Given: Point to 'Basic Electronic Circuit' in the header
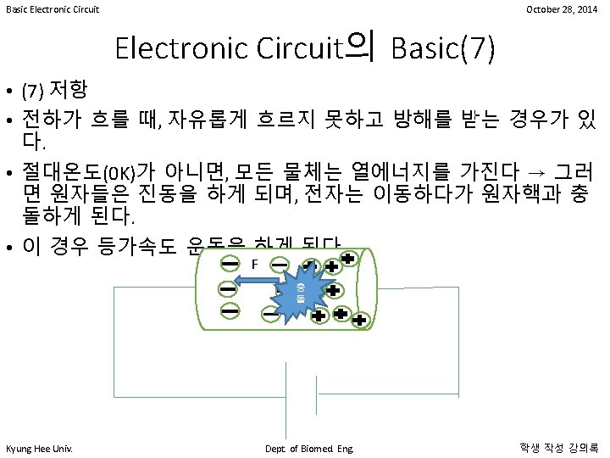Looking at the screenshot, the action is click(x=53, y=9).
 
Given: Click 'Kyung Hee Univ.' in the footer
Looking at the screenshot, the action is click(x=39, y=447).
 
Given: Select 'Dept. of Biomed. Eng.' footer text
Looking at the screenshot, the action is click(x=308, y=447).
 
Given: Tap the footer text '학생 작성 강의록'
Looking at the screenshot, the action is click(x=558, y=447).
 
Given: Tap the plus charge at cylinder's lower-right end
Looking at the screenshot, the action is click(x=359, y=321).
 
